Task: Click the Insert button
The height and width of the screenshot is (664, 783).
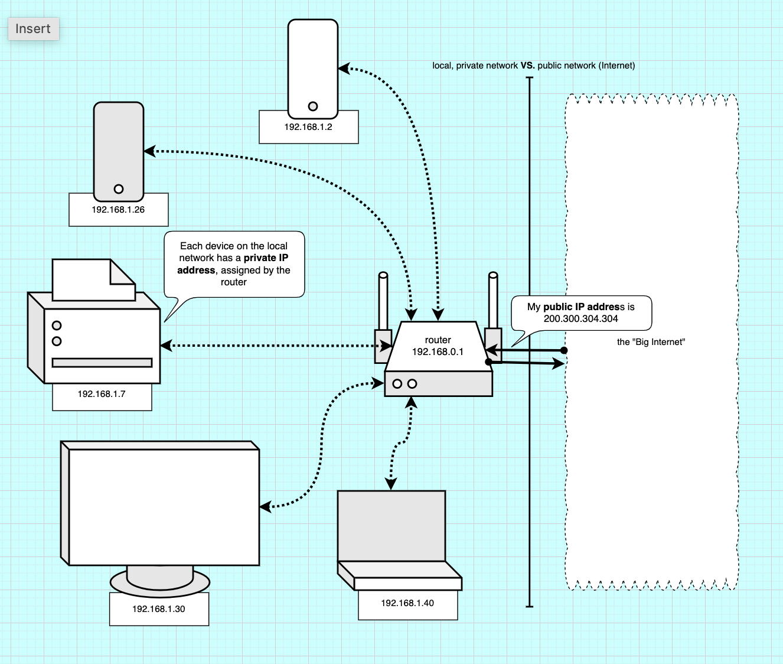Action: pos(33,29)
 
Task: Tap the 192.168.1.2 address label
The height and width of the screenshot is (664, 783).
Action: pos(308,127)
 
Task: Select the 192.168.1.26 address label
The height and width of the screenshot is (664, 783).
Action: pos(118,210)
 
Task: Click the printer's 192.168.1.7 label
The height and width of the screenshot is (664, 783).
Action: pos(102,394)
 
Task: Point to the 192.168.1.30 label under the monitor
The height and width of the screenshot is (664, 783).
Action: pos(158,609)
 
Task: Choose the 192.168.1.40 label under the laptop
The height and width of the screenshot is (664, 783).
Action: pos(407,603)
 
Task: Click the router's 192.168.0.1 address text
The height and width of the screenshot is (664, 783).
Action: pos(438,352)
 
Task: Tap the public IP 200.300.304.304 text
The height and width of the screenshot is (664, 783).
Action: pos(580,319)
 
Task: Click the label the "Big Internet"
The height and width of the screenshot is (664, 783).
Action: pos(651,342)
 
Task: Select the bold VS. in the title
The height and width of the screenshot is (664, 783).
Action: pos(527,66)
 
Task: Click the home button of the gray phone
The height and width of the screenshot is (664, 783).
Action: pos(119,189)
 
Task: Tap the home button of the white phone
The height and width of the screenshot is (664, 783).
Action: pos(313,106)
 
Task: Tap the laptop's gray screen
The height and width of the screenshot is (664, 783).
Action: pos(391,525)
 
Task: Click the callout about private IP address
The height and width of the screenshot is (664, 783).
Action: pos(234,264)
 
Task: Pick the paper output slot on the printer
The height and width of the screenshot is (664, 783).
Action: pos(102,363)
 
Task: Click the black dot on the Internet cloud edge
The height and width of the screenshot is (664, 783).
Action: pos(564,350)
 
